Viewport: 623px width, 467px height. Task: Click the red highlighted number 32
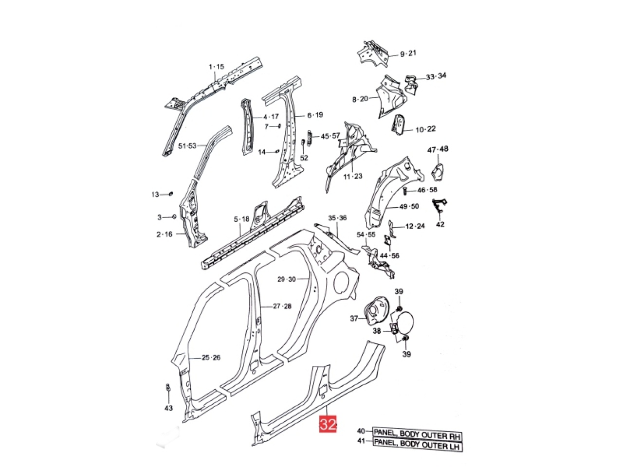(x=328, y=425)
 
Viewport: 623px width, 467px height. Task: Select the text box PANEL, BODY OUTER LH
(x=417, y=444)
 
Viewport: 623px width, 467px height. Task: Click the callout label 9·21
(x=408, y=54)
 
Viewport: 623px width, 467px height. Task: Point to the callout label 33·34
(x=436, y=76)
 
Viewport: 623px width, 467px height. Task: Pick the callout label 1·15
(x=216, y=67)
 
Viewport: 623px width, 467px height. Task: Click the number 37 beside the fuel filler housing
(x=354, y=319)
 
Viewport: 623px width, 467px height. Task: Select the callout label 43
(x=168, y=408)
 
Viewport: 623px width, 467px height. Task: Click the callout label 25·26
(x=212, y=358)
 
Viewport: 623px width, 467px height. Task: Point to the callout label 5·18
(x=241, y=219)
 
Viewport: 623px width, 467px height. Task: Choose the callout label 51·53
(x=187, y=145)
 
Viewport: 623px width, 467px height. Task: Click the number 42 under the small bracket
(x=440, y=224)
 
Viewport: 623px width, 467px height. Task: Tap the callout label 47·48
(x=438, y=149)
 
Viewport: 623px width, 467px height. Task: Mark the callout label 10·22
(x=425, y=129)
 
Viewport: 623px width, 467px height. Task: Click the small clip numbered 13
(x=171, y=194)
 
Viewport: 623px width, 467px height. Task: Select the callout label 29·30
(x=286, y=279)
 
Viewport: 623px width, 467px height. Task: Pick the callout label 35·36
(x=337, y=218)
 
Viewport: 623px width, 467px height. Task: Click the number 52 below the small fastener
(x=304, y=158)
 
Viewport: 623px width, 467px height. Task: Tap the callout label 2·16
(x=165, y=234)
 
